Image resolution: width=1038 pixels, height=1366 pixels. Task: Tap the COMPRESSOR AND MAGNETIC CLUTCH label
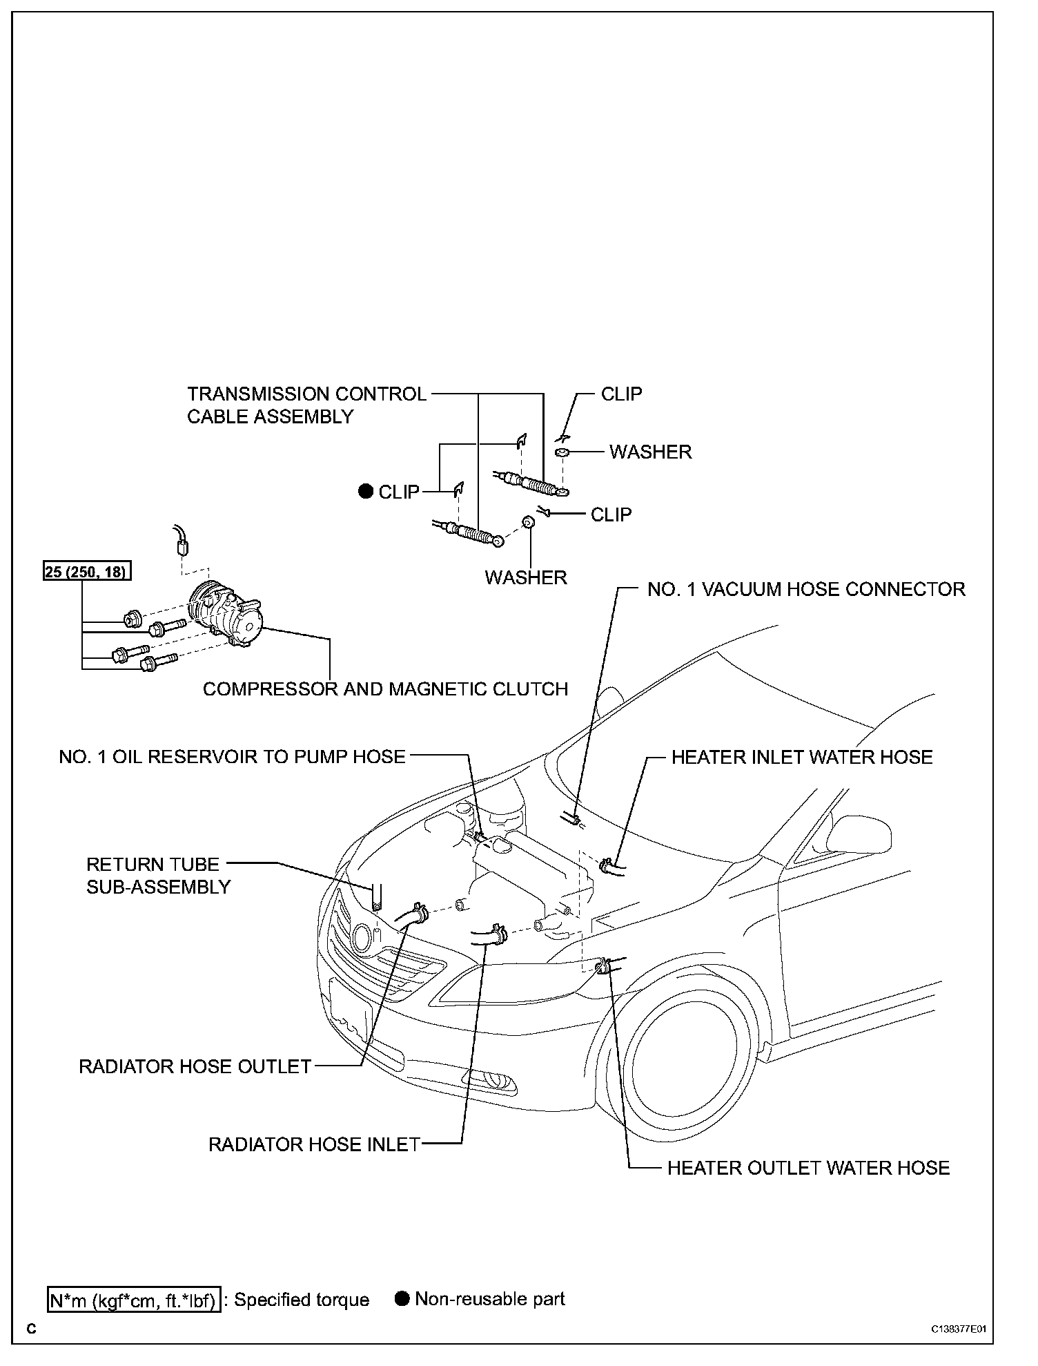385,689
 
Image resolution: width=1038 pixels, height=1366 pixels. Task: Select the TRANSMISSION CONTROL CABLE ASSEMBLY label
306,405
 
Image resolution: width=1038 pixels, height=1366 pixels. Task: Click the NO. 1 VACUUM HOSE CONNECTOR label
806,589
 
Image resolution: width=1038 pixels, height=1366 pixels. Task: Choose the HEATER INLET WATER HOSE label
802,757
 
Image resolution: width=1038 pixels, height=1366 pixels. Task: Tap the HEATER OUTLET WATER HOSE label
808,1168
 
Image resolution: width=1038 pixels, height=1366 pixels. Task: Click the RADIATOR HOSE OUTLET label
195,1066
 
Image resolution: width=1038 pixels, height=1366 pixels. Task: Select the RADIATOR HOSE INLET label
314,1144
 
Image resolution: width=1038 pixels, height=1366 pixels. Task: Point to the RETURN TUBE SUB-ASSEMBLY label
158,876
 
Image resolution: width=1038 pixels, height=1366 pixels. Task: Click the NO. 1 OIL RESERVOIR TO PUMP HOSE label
232,757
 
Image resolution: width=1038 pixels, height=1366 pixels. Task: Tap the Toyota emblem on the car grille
361,938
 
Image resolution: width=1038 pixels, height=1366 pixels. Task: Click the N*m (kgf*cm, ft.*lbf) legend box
133,1300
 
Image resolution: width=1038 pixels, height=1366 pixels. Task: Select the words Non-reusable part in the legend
489,1299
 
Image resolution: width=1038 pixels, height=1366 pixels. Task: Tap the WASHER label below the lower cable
526,577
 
